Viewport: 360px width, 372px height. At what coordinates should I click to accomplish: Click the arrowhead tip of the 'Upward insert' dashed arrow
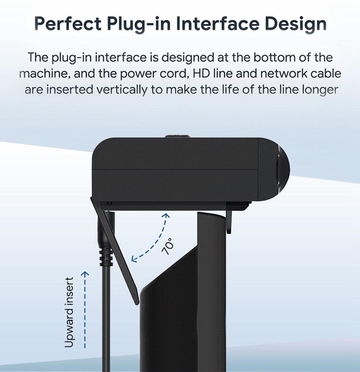[x=85, y=272]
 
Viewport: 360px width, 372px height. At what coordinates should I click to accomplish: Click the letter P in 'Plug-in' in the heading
[x=112, y=23]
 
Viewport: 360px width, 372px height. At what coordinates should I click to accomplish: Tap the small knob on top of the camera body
[x=177, y=136]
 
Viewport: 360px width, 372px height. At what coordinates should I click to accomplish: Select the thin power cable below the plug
[x=106, y=318]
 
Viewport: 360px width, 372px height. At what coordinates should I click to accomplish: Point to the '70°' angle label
[x=168, y=246]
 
